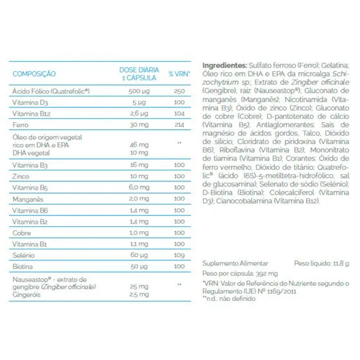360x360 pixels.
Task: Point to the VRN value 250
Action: click(x=179, y=91)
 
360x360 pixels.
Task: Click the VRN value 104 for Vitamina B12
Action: click(x=179, y=114)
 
